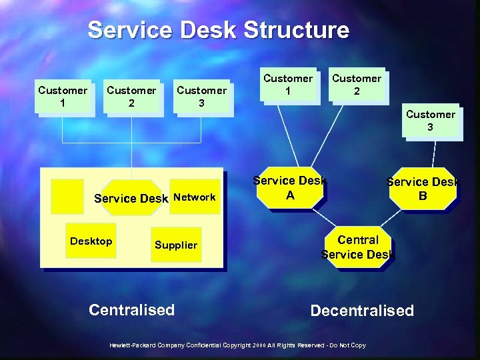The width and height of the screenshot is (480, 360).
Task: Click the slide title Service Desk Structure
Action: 218,30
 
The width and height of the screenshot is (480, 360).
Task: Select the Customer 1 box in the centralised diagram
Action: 63,97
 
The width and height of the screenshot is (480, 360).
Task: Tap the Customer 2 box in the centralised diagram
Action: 132,97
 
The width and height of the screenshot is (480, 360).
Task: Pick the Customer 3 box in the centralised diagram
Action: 201,97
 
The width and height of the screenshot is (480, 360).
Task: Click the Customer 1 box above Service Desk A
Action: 287,85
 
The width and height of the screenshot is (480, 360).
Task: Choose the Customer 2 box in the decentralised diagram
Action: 357,85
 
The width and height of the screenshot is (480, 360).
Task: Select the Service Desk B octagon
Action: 423,188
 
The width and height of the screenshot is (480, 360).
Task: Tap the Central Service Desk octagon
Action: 358,247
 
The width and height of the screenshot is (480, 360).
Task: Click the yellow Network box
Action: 195,197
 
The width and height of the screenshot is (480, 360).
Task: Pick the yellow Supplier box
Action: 176,245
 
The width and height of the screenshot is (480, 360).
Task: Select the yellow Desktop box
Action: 91,241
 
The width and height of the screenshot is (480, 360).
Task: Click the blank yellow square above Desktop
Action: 67,196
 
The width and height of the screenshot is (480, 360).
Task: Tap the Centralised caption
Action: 131,309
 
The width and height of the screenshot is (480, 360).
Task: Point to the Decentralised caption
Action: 362,311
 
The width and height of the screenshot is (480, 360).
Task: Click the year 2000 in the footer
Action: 259,345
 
